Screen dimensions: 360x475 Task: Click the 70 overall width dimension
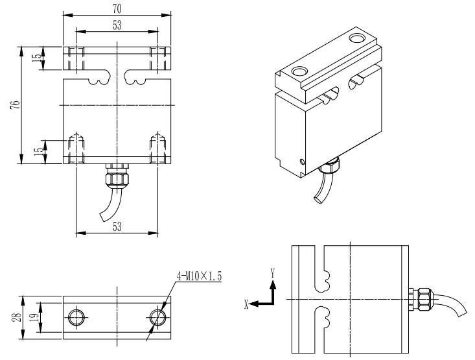tap(117, 8)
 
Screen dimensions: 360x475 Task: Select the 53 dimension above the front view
tap(117, 25)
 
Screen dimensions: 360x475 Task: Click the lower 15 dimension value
tap(38, 151)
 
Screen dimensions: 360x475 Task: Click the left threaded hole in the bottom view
tap(76, 317)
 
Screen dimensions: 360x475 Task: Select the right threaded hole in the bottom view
tap(157, 317)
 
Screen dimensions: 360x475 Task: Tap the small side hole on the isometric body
tap(300, 162)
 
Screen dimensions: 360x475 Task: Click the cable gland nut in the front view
tap(117, 176)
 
